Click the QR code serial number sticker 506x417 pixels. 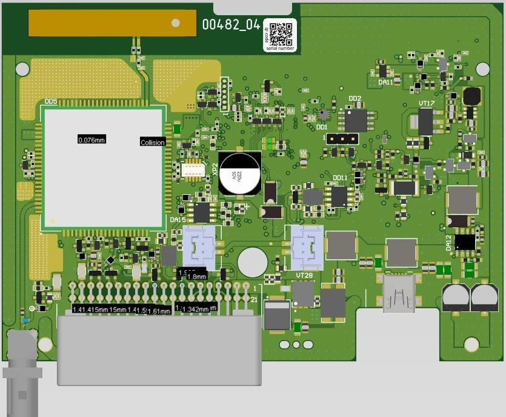click(x=280, y=35)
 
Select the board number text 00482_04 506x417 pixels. click(x=231, y=25)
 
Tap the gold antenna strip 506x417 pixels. click(x=113, y=23)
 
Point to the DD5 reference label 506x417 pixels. click(x=51, y=102)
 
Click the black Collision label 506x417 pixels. click(x=152, y=143)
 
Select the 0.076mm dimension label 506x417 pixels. click(x=92, y=140)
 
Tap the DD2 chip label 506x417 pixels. click(x=355, y=98)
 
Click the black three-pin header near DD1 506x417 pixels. click(x=341, y=138)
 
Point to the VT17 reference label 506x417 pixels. click(x=427, y=104)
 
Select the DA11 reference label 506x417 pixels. click(x=385, y=82)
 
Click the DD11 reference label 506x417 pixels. click(x=340, y=178)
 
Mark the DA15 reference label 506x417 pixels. click(x=177, y=219)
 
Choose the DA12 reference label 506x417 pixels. click(x=449, y=243)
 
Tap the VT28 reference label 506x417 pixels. click(x=304, y=275)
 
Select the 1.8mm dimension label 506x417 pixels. click(x=197, y=277)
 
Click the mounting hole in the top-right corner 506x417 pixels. click(x=483, y=69)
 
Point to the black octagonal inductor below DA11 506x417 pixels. click(x=471, y=96)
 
